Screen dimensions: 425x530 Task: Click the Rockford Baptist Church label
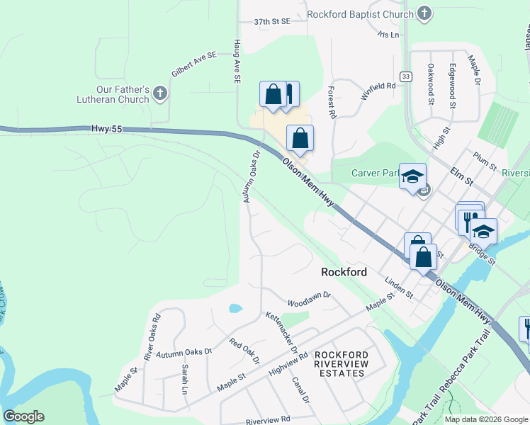coord(361,14)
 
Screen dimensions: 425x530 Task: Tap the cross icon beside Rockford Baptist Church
coord(424,13)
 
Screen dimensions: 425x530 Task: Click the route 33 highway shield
coord(405,76)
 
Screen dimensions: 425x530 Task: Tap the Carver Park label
coord(373,173)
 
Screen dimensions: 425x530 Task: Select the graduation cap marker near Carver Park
coord(412,177)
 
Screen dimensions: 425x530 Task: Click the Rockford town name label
coord(344,272)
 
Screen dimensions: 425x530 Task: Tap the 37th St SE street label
coord(273,22)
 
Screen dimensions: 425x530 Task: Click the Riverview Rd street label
coord(269,419)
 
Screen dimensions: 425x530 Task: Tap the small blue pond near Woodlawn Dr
coord(235,309)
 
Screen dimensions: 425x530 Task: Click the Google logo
coord(23,416)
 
